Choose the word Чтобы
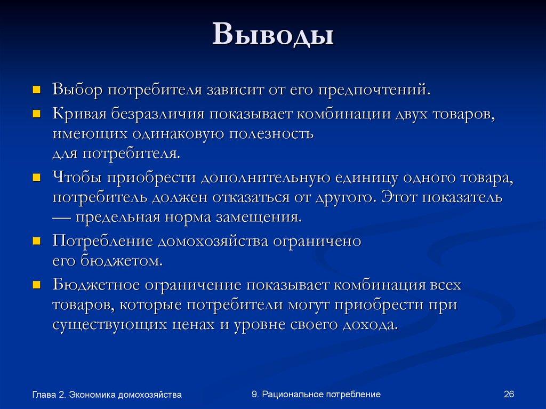(77, 179)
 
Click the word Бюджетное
(94, 285)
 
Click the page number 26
(508, 394)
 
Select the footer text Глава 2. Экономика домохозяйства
(107, 395)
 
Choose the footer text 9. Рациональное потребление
(316, 394)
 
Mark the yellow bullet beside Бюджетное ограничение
(37, 284)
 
